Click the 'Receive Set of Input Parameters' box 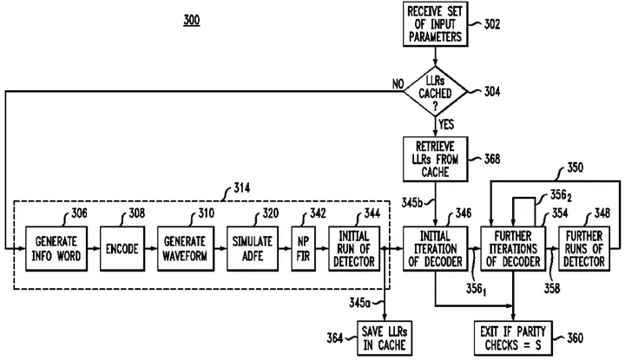click(435, 24)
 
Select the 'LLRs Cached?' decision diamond click(435, 92)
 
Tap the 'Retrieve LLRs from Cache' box click(435, 159)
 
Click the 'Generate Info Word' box click(56, 249)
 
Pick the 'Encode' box click(122, 249)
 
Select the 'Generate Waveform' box click(186, 249)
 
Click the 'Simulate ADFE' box click(253, 249)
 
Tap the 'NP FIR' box click(303, 249)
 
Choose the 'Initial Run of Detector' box click(354, 249)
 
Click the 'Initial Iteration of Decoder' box click(435, 249)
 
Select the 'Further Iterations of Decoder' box click(513, 249)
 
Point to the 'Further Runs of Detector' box click(584, 249)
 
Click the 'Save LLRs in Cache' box click(385, 338)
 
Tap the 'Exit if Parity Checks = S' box click(513, 338)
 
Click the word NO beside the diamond click(398, 84)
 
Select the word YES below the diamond click(446, 124)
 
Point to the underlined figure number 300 click(192, 20)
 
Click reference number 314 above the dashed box click(242, 187)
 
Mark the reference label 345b click(412, 203)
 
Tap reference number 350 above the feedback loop click(575, 167)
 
